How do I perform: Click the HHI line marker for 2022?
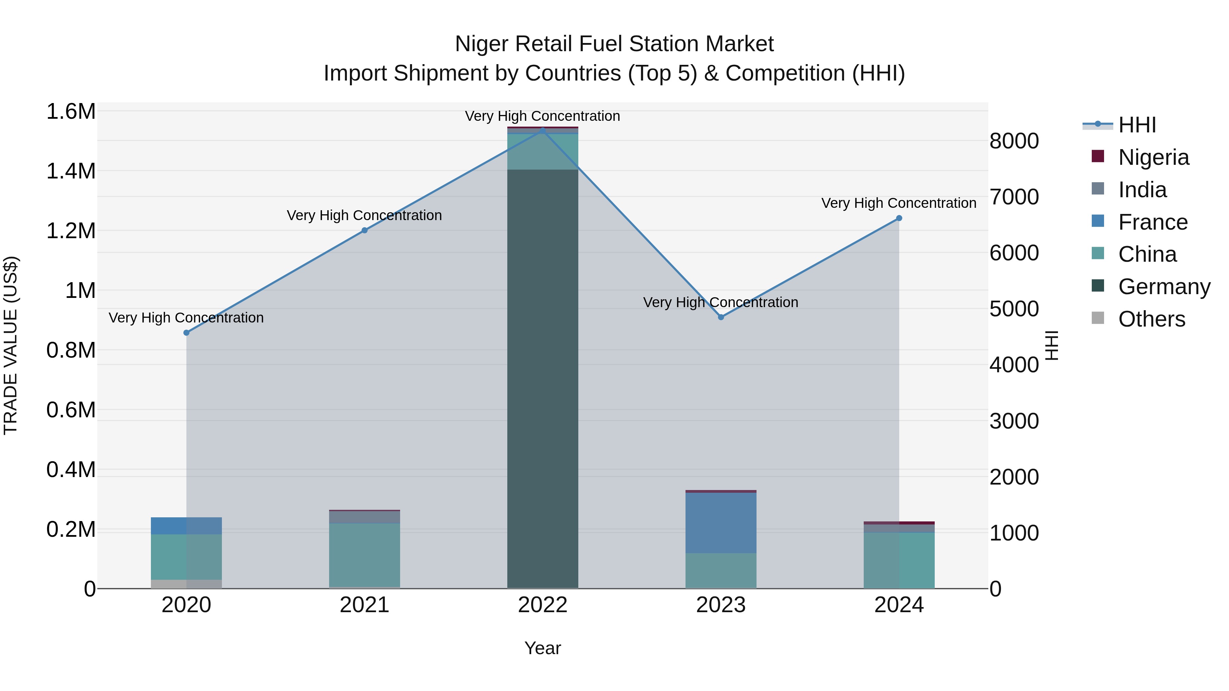click(542, 130)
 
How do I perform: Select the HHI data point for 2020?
click(186, 333)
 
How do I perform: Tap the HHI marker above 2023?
click(721, 317)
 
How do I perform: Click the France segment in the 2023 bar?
click(721, 523)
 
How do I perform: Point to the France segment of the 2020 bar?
click(186, 526)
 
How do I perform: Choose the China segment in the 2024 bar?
click(899, 560)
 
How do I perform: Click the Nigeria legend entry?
click(1153, 157)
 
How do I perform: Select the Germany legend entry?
click(1164, 287)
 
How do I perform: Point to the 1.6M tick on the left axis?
click(71, 112)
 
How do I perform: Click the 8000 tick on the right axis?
click(1014, 141)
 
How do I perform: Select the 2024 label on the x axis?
click(899, 605)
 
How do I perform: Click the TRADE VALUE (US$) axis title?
click(11, 345)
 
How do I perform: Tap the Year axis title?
click(542, 648)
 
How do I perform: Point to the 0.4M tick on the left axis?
click(71, 470)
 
